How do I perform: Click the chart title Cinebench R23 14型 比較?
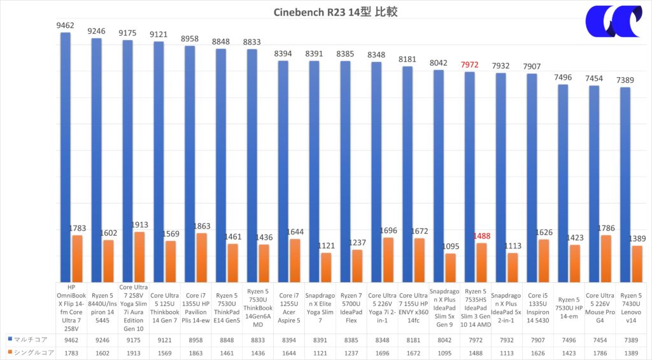coord(336,12)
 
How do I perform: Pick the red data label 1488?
coord(482,236)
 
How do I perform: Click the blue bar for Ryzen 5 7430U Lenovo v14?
coord(625,185)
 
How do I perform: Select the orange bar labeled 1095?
coord(451,268)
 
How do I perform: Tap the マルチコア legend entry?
coord(26,340)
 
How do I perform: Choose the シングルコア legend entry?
coord(28,352)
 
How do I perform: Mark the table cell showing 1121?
coord(319,352)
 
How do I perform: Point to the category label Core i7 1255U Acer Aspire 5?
coord(288,308)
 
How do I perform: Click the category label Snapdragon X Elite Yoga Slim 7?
coord(319,308)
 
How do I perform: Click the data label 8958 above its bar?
coord(190,39)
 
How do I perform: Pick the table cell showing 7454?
coord(594,340)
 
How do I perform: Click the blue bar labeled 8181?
coord(407,175)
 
